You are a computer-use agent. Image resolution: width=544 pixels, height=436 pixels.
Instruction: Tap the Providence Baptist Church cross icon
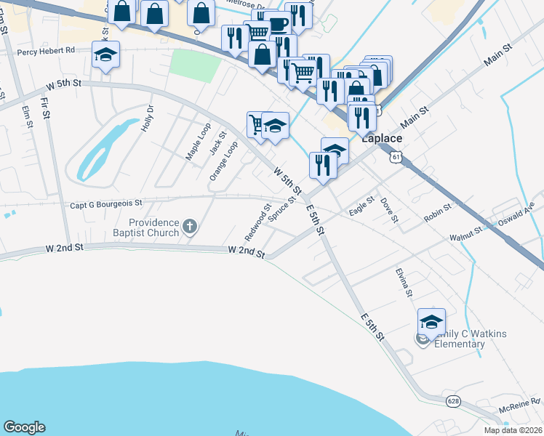(x=189, y=226)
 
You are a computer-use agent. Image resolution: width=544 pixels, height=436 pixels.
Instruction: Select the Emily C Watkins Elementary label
(x=469, y=338)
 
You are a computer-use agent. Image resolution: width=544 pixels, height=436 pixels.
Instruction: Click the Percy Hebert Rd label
(x=47, y=52)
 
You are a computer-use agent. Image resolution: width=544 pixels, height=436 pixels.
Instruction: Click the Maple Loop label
(x=193, y=145)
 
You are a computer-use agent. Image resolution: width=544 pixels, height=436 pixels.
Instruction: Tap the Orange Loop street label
(x=224, y=161)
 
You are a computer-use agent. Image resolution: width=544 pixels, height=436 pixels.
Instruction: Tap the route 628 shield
(x=453, y=401)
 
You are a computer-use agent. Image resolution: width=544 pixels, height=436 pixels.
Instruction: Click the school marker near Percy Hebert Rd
(x=106, y=55)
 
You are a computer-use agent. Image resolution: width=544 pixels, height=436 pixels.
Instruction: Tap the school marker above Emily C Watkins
(x=431, y=321)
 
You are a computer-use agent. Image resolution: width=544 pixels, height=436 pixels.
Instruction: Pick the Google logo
(x=24, y=427)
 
